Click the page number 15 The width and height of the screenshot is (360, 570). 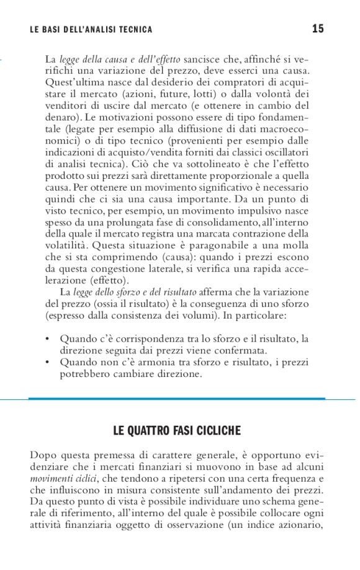point(318,29)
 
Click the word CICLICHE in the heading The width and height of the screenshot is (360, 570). point(218,430)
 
